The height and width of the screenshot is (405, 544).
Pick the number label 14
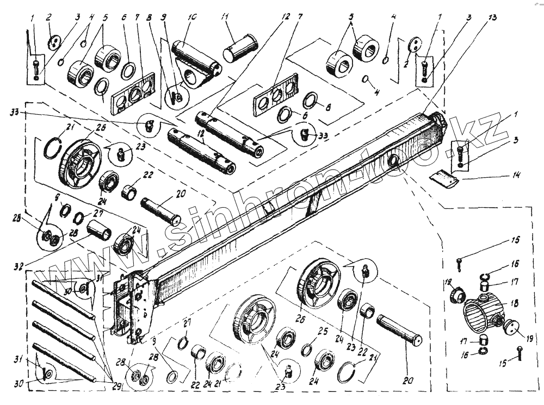[x=515, y=175]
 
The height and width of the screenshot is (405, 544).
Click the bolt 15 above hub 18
[x=460, y=264]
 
